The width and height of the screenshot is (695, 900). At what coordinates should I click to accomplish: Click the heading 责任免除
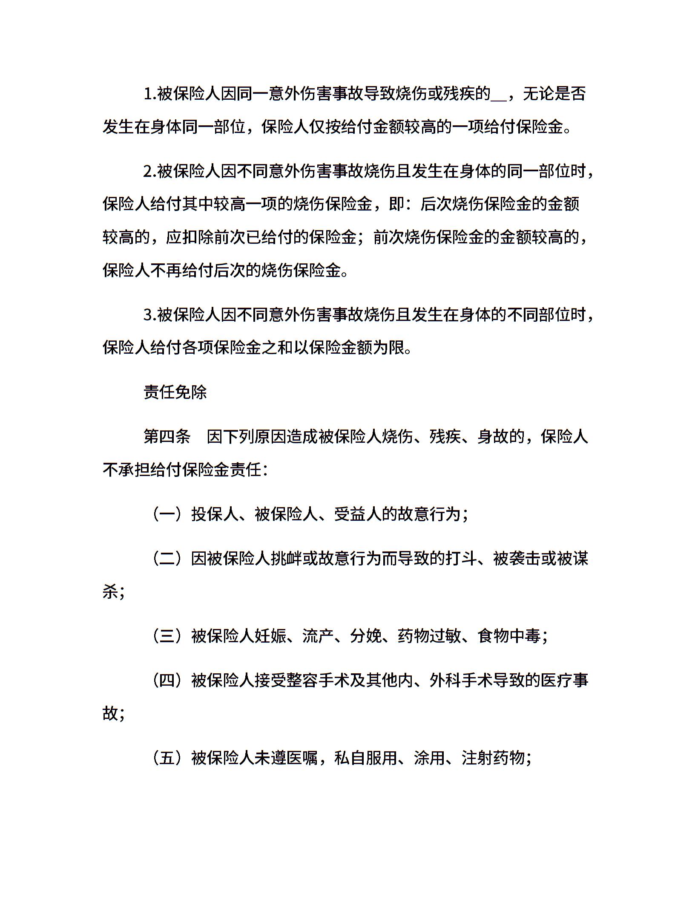[x=175, y=392]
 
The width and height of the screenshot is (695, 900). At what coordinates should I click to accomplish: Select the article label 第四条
[x=167, y=437]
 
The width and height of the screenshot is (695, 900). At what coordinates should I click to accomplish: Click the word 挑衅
[x=287, y=559]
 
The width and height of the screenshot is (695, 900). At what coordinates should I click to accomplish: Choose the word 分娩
[x=366, y=636]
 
